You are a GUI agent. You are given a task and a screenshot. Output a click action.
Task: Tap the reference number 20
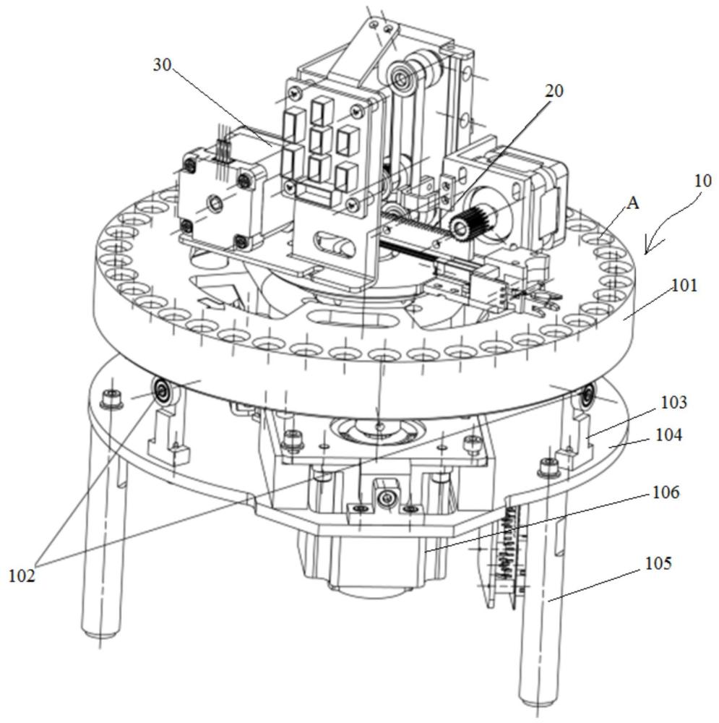(554, 90)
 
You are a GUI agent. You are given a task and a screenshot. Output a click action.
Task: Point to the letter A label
(632, 204)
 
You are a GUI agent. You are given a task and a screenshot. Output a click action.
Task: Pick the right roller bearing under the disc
(587, 394)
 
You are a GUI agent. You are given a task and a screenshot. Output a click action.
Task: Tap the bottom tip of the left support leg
(99, 634)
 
